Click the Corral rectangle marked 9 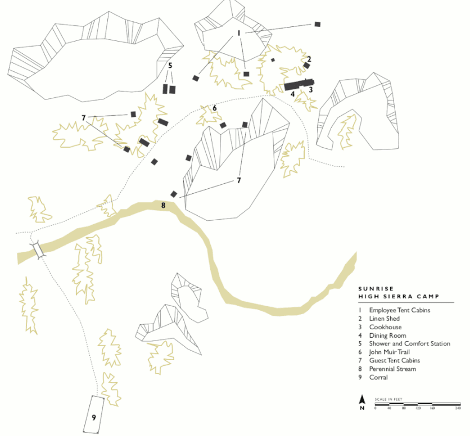pos(94,415)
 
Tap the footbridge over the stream pos(38,250)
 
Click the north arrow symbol pos(362,402)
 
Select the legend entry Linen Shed pos(385,319)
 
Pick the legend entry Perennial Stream pos(392,369)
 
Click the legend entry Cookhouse pos(385,327)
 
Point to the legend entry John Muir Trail pos(389,352)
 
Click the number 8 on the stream pos(163,205)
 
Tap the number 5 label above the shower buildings pos(170,65)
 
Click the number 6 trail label pos(214,108)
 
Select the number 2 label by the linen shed pos(309,60)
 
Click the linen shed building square pos(306,65)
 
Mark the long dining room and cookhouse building pos(299,85)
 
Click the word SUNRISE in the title pos(376,289)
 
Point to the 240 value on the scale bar pos(458,408)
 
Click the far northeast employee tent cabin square pos(318,24)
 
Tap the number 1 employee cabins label pos(239,33)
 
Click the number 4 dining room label pos(292,94)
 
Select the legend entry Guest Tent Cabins pos(394,361)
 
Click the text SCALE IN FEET pos(388,399)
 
